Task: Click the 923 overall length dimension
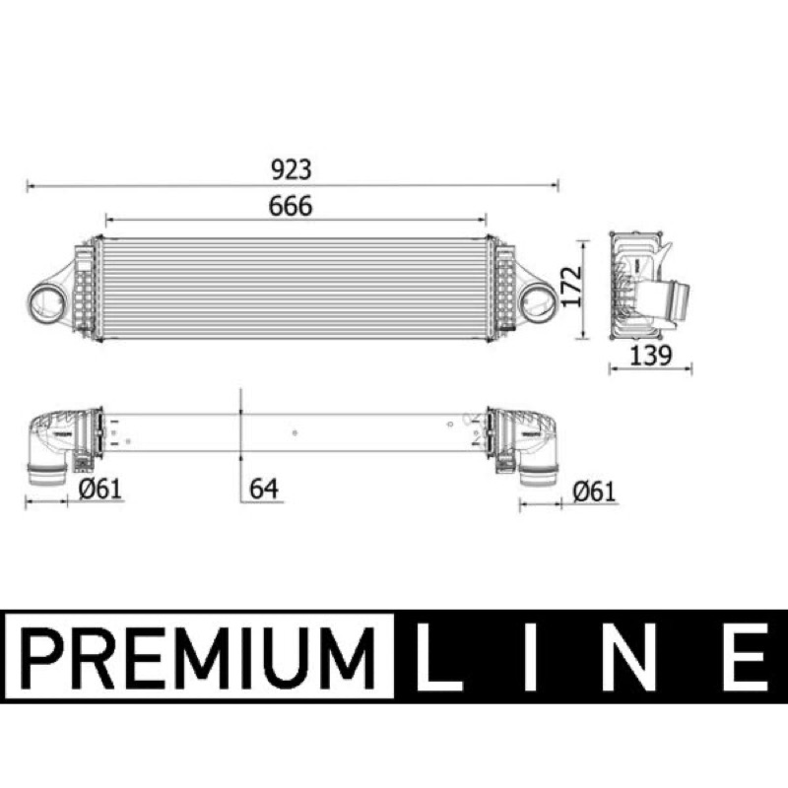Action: tap(291, 169)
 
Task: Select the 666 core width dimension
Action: tap(291, 206)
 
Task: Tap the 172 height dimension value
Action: tap(571, 287)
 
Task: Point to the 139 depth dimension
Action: tap(650, 356)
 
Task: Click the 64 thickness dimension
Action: tap(264, 489)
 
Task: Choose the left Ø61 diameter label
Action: tap(100, 489)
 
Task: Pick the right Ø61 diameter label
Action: tap(594, 492)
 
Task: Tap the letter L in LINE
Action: tap(438, 657)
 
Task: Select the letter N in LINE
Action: tap(635, 657)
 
